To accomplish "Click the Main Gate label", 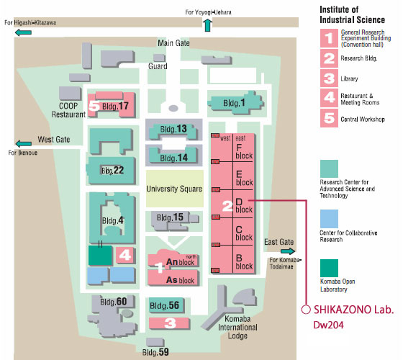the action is tap(173, 43).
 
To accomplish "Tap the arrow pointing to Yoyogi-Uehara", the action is tap(207, 25).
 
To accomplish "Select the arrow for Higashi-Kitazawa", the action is tap(23, 32).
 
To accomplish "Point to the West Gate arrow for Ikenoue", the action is tap(23, 143).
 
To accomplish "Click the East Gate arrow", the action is tap(288, 251).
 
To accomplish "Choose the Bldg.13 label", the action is tap(173, 129).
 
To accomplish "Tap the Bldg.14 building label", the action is tap(173, 158).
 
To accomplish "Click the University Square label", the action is tap(174, 189).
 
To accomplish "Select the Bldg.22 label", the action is tap(112, 170).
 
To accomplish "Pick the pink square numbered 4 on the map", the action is tap(124, 255).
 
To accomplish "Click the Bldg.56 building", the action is tap(166, 305).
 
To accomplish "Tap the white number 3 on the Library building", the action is tap(170, 323).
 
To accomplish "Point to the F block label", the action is tap(244, 152).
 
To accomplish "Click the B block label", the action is tap(244, 262).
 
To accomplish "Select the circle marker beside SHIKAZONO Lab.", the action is tap(306, 310).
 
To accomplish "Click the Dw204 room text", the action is tap(328, 325).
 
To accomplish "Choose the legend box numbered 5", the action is tap(329, 118).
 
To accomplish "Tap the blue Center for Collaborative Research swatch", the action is tap(329, 219).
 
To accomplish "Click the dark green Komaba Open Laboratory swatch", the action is tap(329, 268).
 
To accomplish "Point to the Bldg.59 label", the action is tap(155, 352).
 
